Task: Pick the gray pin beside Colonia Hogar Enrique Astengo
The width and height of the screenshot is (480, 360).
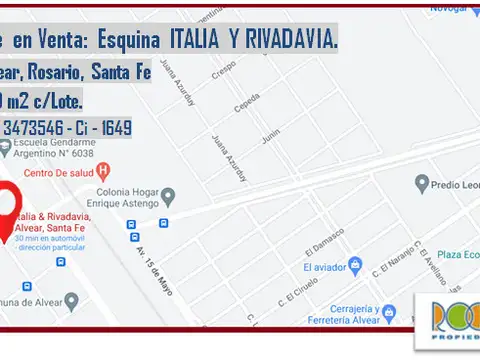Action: tap(169, 196)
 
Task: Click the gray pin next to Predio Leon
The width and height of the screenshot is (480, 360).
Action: tap(421, 183)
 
